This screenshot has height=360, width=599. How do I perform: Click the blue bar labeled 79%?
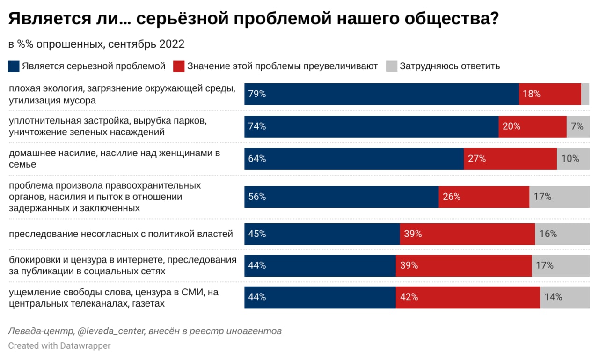click(381, 94)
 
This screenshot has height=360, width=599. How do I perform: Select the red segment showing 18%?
click(550, 94)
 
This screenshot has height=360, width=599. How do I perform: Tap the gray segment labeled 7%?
click(578, 126)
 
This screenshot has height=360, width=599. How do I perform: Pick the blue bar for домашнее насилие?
click(354, 159)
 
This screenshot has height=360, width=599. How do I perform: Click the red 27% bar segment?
click(510, 159)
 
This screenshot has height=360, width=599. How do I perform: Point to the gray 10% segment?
click(573, 159)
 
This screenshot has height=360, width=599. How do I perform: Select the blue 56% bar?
click(341, 197)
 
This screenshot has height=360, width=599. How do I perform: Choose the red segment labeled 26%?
click(484, 197)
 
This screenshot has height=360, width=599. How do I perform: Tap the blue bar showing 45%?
click(322, 234)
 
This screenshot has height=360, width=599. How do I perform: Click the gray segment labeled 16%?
click(562, 234)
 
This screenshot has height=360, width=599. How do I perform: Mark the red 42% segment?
click(468, 297)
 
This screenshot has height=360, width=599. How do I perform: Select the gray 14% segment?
click(565, 297)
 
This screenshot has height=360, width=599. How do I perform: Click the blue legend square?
click(14, 66)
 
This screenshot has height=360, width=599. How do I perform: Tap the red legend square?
click(179, 66)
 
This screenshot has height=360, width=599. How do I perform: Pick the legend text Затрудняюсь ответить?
click(450, 66)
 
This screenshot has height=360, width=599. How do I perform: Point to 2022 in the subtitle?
click(172, 44)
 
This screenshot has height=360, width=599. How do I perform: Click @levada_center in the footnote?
click(111, 331)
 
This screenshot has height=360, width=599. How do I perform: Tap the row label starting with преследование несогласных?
click(121, 234)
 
